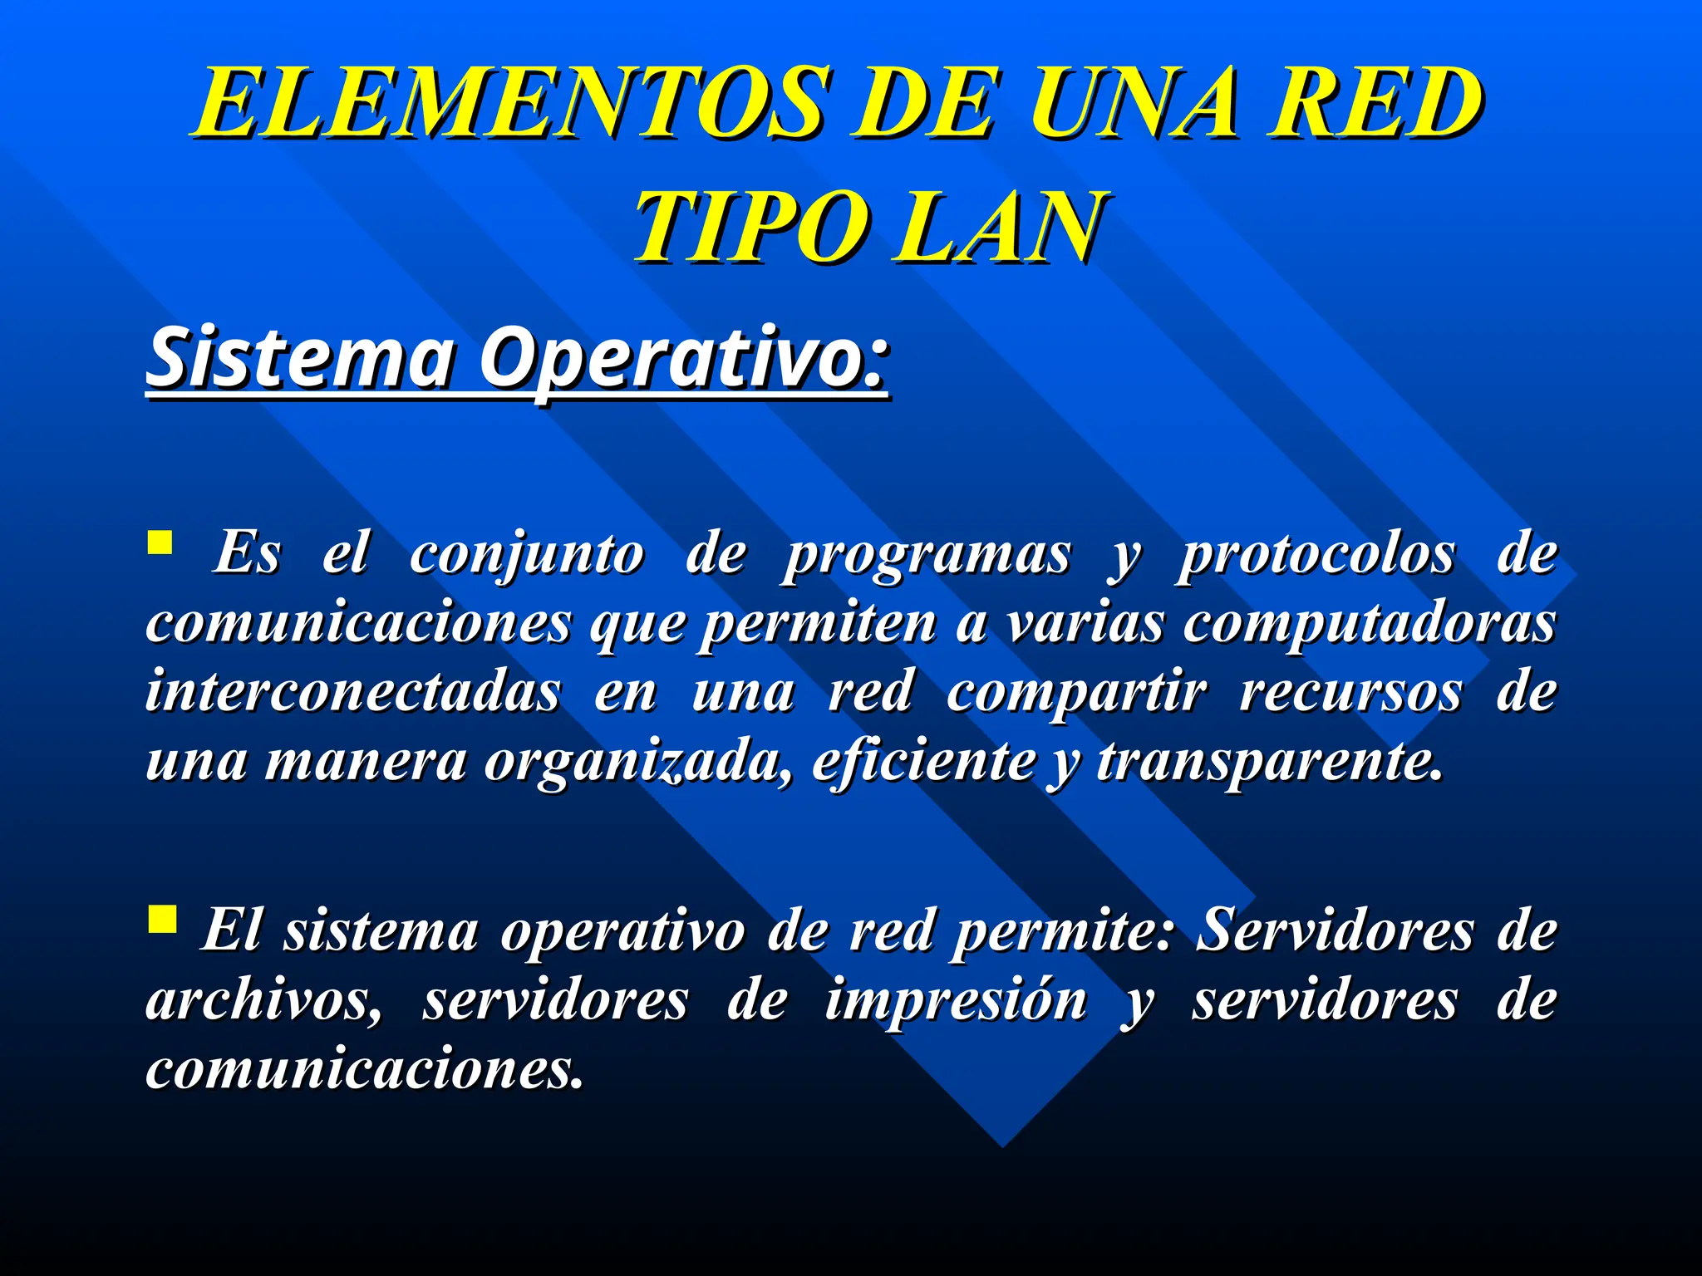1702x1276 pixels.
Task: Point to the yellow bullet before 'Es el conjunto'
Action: (160, 543)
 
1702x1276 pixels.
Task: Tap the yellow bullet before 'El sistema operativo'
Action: (161, 920)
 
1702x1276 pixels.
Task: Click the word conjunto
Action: (526, 555)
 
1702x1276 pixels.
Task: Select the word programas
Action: (927, 555)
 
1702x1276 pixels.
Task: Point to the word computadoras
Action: (1369, 624)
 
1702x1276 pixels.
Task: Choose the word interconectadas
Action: (353, 692)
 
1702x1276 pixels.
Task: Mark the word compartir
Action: (1076, 692)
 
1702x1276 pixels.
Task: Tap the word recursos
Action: (1350, 692)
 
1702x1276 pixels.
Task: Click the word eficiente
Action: (923, 760)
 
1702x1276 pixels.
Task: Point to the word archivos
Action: (264, 1000)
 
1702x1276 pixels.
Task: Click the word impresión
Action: (955, 1000)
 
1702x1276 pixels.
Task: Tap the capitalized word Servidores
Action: (1335, 930)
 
